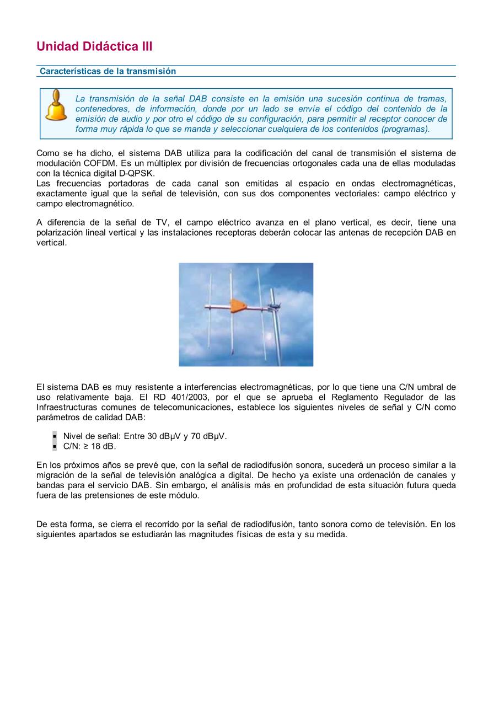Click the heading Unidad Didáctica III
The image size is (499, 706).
click(94, 46)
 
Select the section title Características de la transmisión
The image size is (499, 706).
click(108, 71)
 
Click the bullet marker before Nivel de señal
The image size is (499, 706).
click(55, 436)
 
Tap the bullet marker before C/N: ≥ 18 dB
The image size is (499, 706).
click(55, 446)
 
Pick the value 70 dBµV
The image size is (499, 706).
click(209, 436)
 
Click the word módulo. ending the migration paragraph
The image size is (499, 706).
click(184, 495)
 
